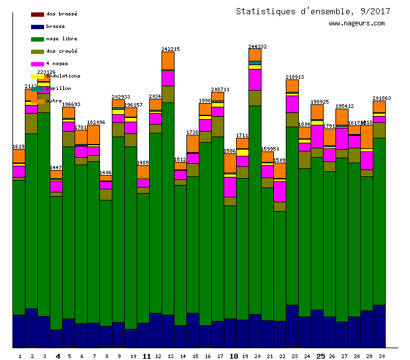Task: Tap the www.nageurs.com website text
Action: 357,24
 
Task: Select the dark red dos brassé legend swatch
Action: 37,14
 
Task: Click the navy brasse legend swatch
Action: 37,27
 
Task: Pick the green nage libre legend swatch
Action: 37,39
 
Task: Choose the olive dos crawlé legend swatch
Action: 37,52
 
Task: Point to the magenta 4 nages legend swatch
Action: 37,64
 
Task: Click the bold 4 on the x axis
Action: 58,356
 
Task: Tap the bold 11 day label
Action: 147,356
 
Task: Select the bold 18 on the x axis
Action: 234,356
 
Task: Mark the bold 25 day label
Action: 321,356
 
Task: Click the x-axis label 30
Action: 379,356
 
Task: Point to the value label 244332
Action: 257,47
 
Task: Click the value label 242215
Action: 170,49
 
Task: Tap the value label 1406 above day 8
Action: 106,173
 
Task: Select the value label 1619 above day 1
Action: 19,146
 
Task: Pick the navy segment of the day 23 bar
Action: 292,326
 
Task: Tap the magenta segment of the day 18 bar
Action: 230,187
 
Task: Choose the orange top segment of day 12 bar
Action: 168,61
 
